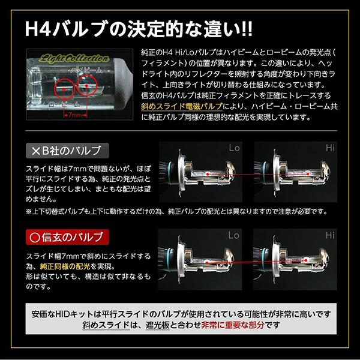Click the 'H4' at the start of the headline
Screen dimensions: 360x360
point(38,29)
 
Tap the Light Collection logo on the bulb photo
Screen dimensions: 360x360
point(74,58)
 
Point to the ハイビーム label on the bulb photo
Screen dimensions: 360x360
point(86,70)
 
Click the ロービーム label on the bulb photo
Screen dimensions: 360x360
point(65,104)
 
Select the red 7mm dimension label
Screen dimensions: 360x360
point(75,115)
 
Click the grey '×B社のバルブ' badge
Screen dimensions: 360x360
point(67,151)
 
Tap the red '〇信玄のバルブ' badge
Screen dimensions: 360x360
point(67,237)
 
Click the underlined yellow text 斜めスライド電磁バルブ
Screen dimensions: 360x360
point(182,106)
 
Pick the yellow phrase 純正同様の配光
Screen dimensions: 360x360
point(65,266)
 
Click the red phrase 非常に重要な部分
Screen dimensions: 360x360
point(233,325)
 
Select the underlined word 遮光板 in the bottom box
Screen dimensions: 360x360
point(157,325)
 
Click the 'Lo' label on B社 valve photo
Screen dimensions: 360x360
point(235,148)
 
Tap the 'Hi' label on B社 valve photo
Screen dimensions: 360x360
point(330,148)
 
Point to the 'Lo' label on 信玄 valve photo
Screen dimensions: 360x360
point(234,235)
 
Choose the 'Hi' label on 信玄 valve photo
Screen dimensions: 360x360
point(330,235)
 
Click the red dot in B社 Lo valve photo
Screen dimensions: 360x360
point(208,174)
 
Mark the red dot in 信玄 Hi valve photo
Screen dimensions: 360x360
point(306,260)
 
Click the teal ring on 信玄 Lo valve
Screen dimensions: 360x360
point(170,259)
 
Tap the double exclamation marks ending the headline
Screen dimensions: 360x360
point(247,29)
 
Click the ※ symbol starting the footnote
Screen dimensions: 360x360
point(29,211)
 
